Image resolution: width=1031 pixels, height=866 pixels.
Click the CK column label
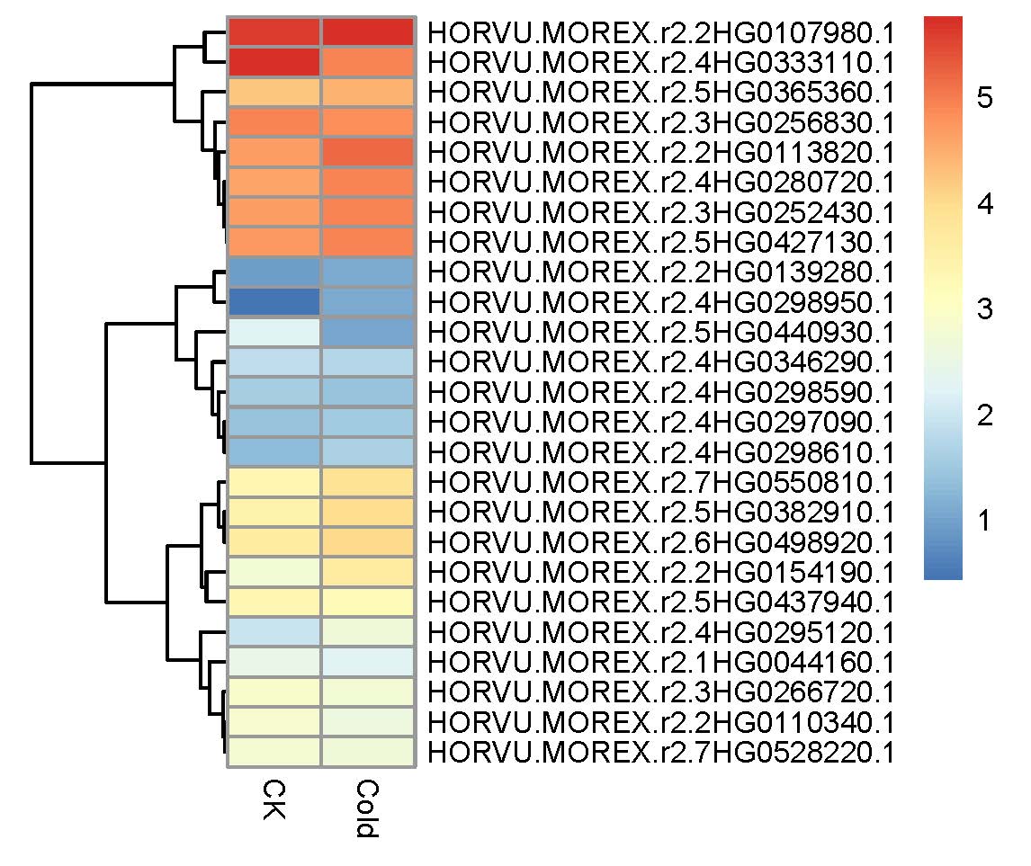[x=274, y=799]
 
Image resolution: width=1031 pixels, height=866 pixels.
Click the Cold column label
[x=367, y=808]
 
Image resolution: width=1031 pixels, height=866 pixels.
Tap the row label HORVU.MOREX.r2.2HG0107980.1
[x=661, y=32]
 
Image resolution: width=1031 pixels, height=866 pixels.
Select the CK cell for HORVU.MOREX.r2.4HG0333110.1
[x=274, y=62]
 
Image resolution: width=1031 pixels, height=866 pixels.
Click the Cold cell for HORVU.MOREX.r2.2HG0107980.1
[x=368, y=32]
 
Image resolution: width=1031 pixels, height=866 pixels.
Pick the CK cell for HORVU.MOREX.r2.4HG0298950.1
[x=274, y=302]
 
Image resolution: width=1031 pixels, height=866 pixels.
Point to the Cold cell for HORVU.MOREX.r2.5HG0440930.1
[x=368, y=333]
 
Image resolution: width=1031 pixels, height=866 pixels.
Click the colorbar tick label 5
[x=984, y=97]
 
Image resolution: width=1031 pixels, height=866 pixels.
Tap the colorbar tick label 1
[x=984, y=521]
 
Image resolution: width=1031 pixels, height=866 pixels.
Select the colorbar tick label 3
[x=984, y=308]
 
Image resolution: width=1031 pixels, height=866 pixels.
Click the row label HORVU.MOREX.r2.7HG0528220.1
[x=661, y=753]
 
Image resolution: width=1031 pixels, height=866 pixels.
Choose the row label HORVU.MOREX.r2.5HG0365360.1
[x=661, y=92]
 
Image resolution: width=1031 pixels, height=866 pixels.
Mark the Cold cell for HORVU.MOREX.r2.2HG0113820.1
[x=368, y=153]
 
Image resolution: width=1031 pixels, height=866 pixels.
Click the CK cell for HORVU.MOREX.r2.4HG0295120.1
[x=274, y=632]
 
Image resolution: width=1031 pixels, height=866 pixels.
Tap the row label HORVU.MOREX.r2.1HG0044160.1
[x=661, y=662]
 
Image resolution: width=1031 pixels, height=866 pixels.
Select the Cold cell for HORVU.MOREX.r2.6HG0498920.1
[x=368, y=542]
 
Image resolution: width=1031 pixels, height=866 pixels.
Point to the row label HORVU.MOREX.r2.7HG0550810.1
[x=661, y=482]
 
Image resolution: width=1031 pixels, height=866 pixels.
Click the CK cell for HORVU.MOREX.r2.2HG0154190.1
[x=274, y=572]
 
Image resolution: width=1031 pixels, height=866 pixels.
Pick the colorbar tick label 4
[x=984, y=204]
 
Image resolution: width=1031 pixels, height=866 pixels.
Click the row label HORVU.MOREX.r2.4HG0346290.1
[x=661, y=362]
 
